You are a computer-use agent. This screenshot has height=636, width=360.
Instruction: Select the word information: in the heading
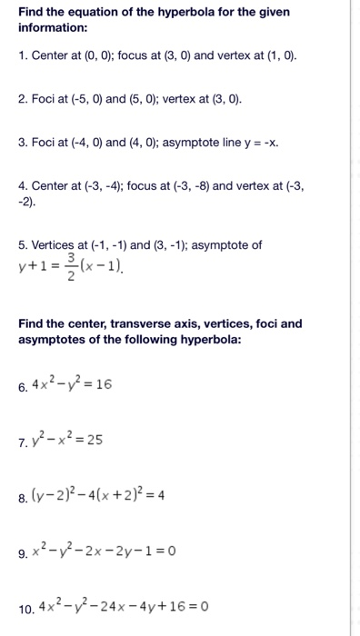[x=53, y=28]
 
